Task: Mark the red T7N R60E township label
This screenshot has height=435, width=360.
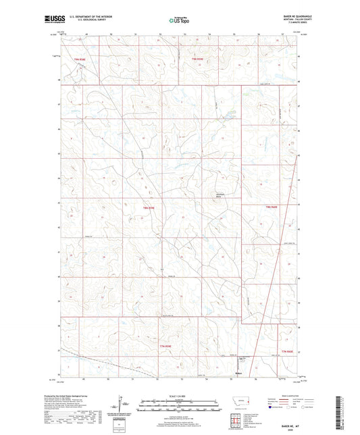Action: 288,351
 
